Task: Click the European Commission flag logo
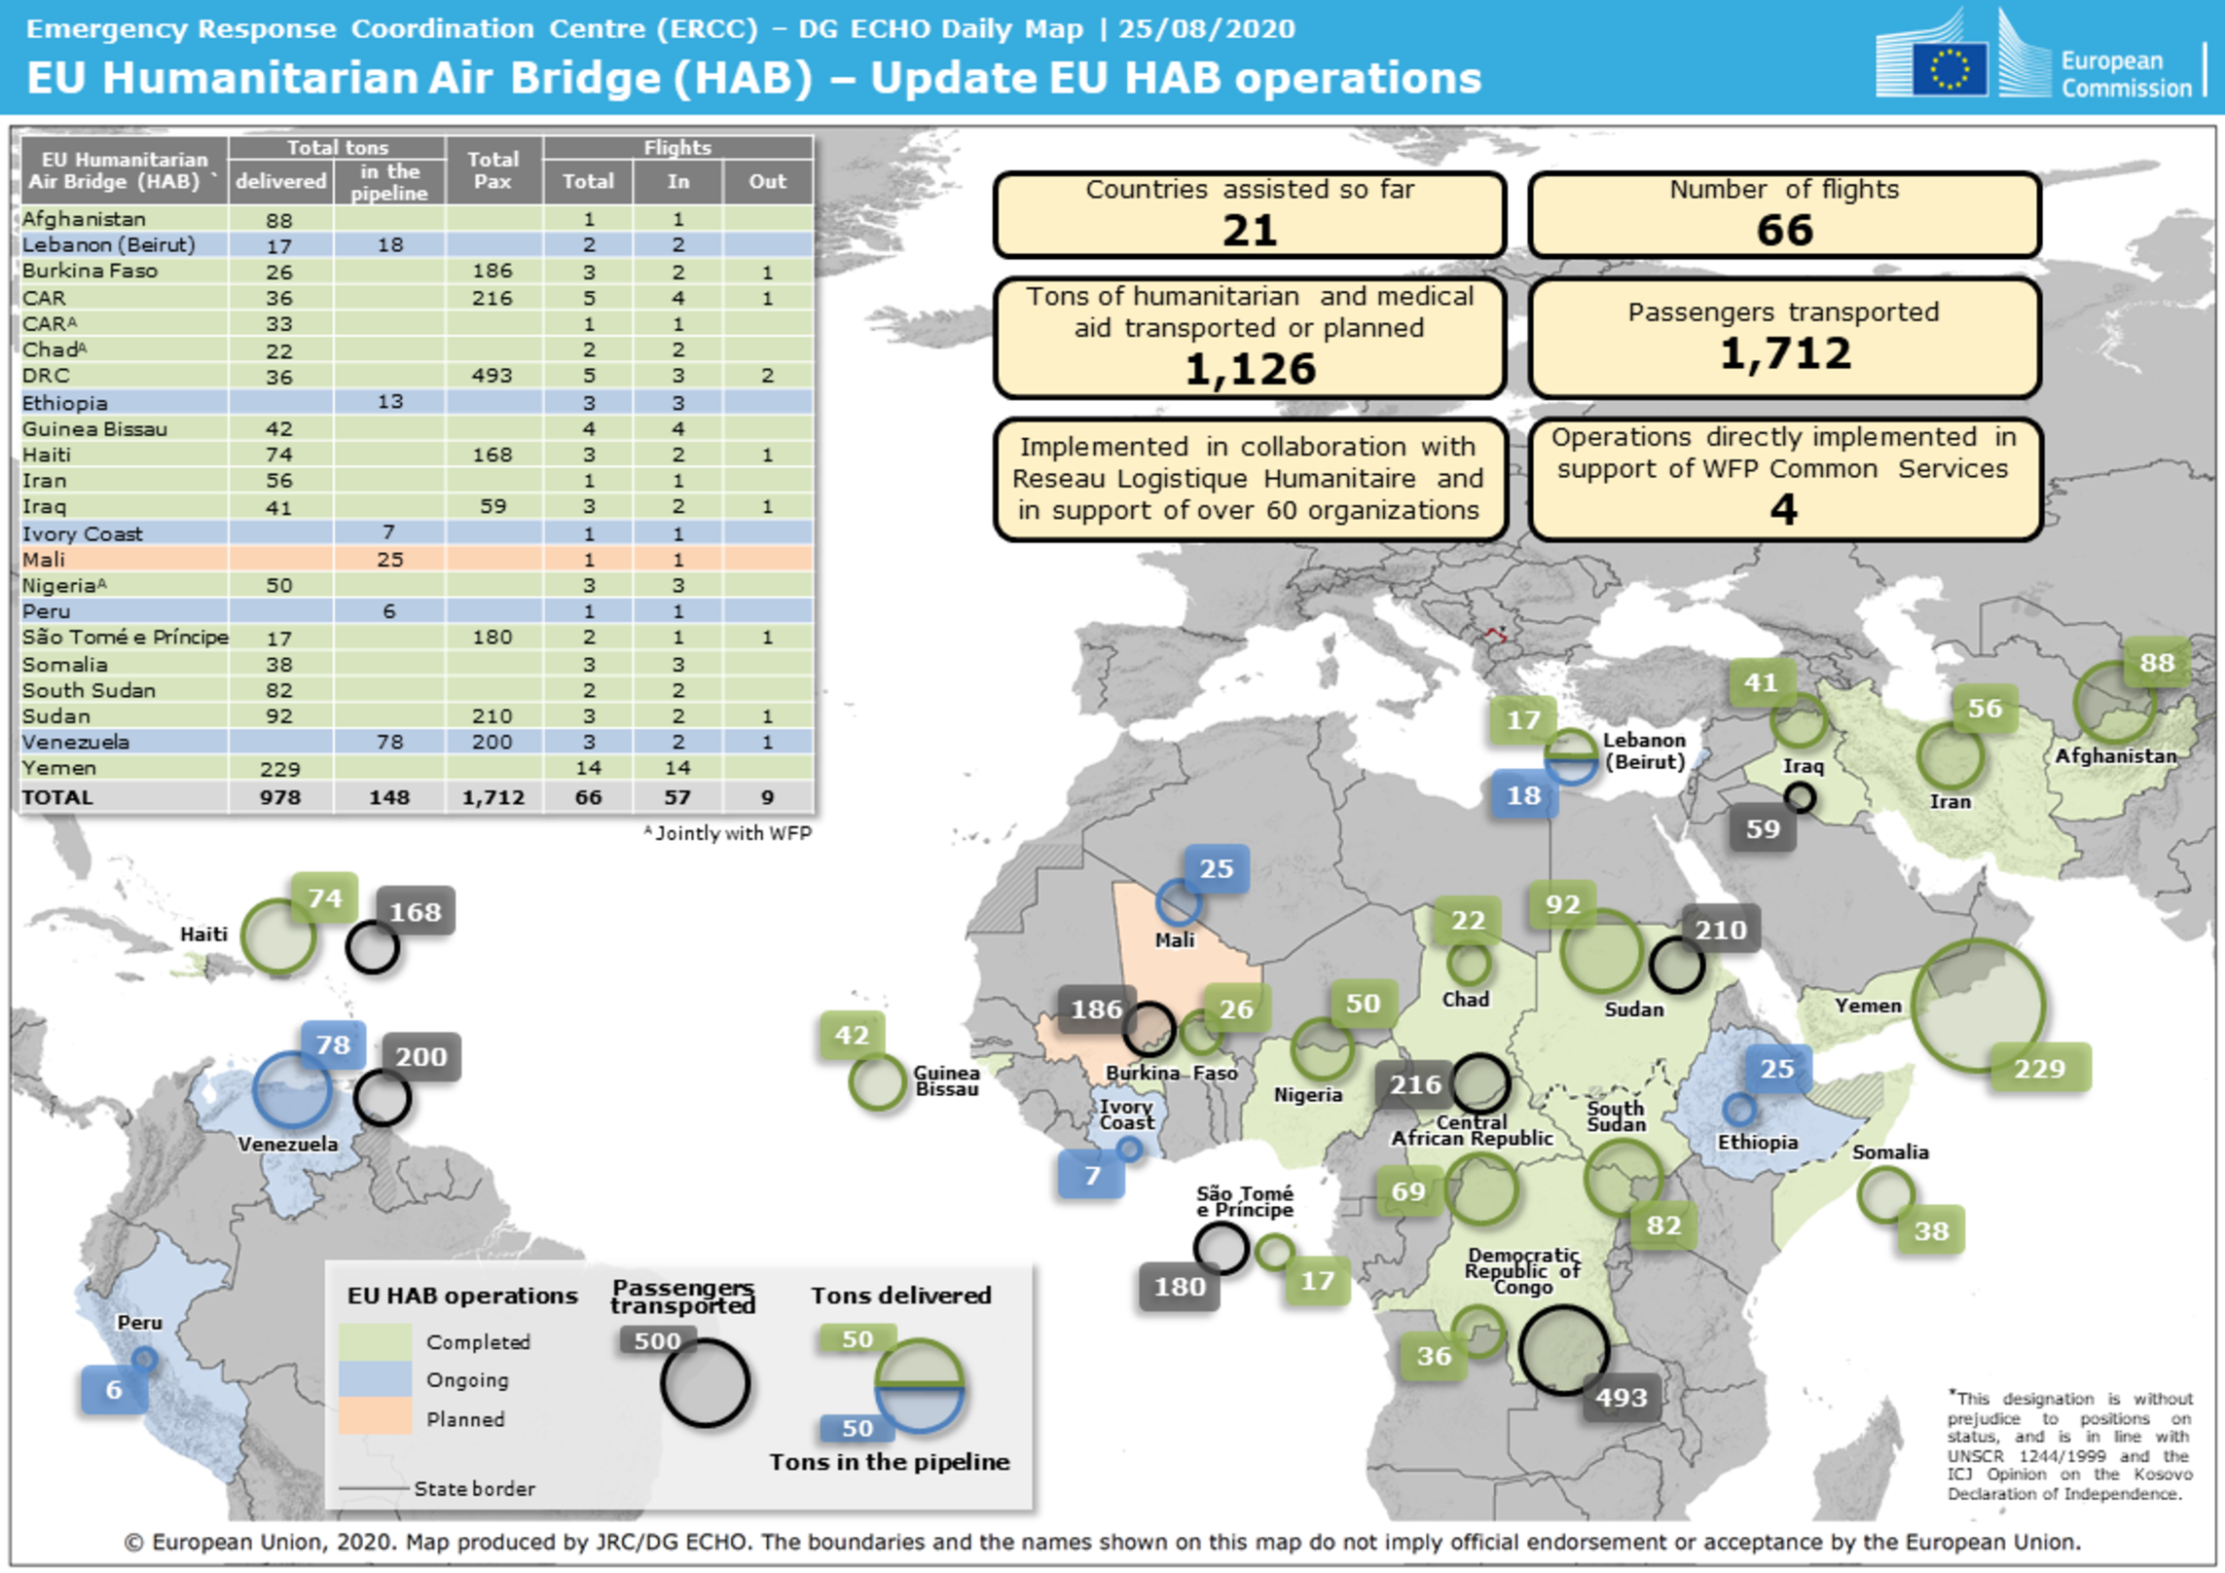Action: pyautogui.click(x=1949, y=68)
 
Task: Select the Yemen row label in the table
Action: pyautogui.click(x=58, y=768)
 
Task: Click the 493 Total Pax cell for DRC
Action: pyautogui.click(x=492, y=376)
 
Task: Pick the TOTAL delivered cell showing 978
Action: pyautogui.click(x=280, y=797)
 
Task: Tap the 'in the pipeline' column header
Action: pyautogui.click(x=389, y=182)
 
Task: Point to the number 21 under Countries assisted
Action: pyautogui.click(x=1250, y=231)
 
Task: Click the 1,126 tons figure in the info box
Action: pyautogui.click(x=1250, y=369)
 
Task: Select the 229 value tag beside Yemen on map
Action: pyautogui.click(x=2039, y=1069)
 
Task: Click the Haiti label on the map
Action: pyautogui.click(x=203, y=934)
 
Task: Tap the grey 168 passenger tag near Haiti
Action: pyautogui.click(x=416, y=912)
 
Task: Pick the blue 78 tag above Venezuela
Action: pyautogui.click(x=333, y=1045)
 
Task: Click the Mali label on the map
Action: pyautogui.click(x=1175, y=940)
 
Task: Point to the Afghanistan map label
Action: pyautogui.click(x=2115, y=756)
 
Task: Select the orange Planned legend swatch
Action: pyautogui.click(x=375, y=1417)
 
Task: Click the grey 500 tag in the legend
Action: pyautogui.click(x=657, y=1341)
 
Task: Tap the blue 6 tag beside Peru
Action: pyautogui.click(x=114, y=1390)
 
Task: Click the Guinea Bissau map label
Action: pyautogui.click(x=946, y=1080)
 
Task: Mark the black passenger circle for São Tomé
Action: pyautogui.click(x=1221, y=1247)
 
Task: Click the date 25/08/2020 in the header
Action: pyautogui.click(x=1207, y=29)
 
